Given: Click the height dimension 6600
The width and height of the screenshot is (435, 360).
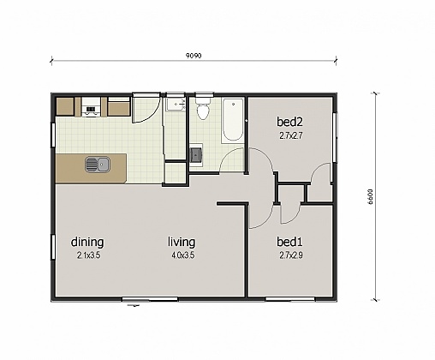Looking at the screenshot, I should pos(372,195).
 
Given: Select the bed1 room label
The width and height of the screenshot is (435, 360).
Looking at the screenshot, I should pos(288,242).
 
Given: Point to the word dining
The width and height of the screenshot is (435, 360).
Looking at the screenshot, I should pos(88,242).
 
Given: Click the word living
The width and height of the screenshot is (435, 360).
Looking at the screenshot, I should pos(182,242).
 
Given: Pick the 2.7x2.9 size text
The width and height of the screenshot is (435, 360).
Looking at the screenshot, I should pos(292,255).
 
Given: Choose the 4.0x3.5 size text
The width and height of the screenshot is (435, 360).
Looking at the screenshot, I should pos(183,255).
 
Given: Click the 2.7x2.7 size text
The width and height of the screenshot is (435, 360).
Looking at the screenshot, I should pos(292,135).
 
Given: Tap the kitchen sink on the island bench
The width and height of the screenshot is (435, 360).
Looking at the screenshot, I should pos(96,164).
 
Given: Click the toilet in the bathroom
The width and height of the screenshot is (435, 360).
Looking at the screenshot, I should pos(203,110).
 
